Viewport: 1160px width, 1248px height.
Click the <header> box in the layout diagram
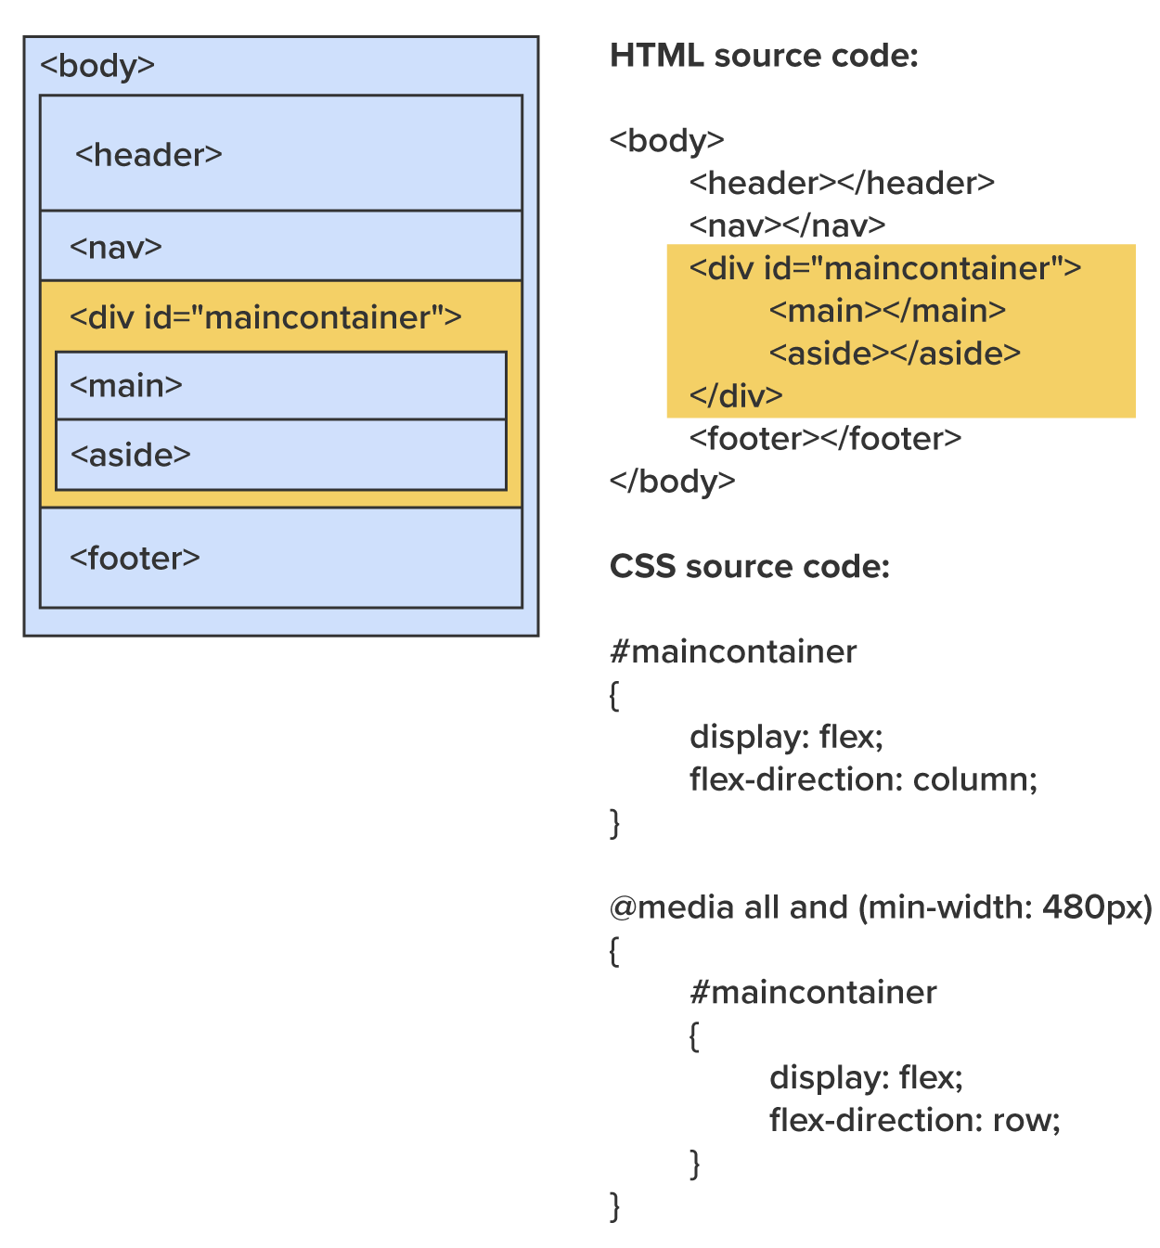pos(280,154)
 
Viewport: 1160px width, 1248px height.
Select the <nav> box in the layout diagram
pos(280,247)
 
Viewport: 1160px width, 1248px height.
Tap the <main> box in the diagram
pos(280,386)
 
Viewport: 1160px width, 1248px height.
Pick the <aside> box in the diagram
pos(280,455)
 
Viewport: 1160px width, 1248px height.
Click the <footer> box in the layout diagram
pos(280,559)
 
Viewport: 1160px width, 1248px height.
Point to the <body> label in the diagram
pos(97,66)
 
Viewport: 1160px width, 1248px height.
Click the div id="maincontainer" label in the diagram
pos(265,317)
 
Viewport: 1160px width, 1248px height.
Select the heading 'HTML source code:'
pos(764,56)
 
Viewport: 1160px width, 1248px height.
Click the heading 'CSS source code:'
pos(749,567)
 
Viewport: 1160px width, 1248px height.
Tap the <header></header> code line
pos(842,183)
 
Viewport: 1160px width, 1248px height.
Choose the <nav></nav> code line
pos(787,225)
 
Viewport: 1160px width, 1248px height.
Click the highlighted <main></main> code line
pos(887,311)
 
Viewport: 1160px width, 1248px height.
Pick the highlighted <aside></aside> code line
pos(895,354)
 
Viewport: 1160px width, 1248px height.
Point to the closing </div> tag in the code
pos(736,396)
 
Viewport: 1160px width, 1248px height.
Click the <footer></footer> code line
pos(825,439)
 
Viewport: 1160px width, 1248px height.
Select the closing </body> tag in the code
pos(672,482)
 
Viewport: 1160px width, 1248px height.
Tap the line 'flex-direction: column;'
pos(863,779)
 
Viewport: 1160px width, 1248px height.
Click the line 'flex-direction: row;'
pos(914,1121)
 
